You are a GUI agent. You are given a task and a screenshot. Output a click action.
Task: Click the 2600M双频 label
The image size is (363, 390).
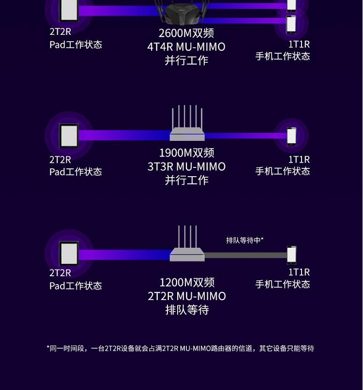pyautogui.click(x=186, y=34)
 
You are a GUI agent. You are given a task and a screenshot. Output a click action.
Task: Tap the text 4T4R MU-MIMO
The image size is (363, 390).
pyautogui.click(x=186, y=47)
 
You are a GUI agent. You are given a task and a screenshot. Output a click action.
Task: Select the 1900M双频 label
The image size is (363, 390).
pyautogui.click(x=186, y=153)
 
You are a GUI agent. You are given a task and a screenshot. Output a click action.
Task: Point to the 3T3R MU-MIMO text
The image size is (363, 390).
pyautogui.click(x=186, y=166)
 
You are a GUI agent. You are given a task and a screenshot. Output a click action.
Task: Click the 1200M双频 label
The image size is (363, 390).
pyautogui.click(x=186, y=283)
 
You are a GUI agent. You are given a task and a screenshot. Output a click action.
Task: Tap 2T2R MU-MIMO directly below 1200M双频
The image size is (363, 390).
pyautogui.click(x=186, y=296)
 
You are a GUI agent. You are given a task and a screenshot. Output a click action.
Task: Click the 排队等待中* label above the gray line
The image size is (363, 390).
pyautogui.click(x=244, y=240)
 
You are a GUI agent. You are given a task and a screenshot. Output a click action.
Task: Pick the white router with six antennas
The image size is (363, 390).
pyautogui.click(x=187, y=128)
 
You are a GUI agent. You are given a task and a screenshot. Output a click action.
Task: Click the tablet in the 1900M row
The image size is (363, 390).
pyautogui.click(x=69, y=136)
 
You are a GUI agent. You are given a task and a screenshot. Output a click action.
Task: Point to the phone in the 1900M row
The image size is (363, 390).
pyautogui.click(x=291, y=136)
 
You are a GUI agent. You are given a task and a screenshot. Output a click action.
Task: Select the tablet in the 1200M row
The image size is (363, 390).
pyautogui.click(x=69, y=254)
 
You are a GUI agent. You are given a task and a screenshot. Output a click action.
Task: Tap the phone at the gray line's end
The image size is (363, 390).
pyautogui.click(x=291, y=255)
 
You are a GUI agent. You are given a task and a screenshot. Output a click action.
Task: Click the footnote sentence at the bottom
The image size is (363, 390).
pyautogui.click(x=180, y=348)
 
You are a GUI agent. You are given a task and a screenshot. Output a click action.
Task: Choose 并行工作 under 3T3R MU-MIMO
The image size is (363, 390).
pyautogui.click(x=186, y=180)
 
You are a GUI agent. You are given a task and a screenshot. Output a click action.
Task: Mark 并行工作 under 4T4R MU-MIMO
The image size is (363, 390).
pyautogui.click(x=186, y=61)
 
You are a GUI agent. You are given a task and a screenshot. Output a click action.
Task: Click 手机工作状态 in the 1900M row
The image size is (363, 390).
pyautogui.click(x=283, y=171)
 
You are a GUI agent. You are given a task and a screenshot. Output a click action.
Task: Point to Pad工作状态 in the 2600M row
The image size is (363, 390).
pyautogui.click(x=76, y=45)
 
